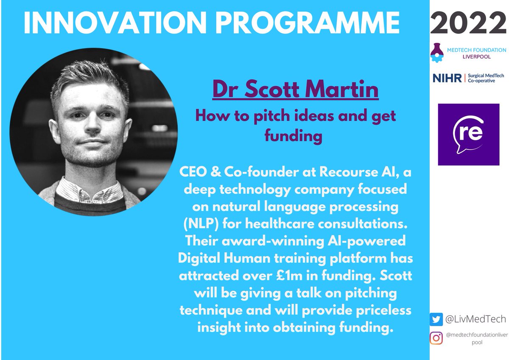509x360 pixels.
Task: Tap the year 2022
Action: pos(469,22)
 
